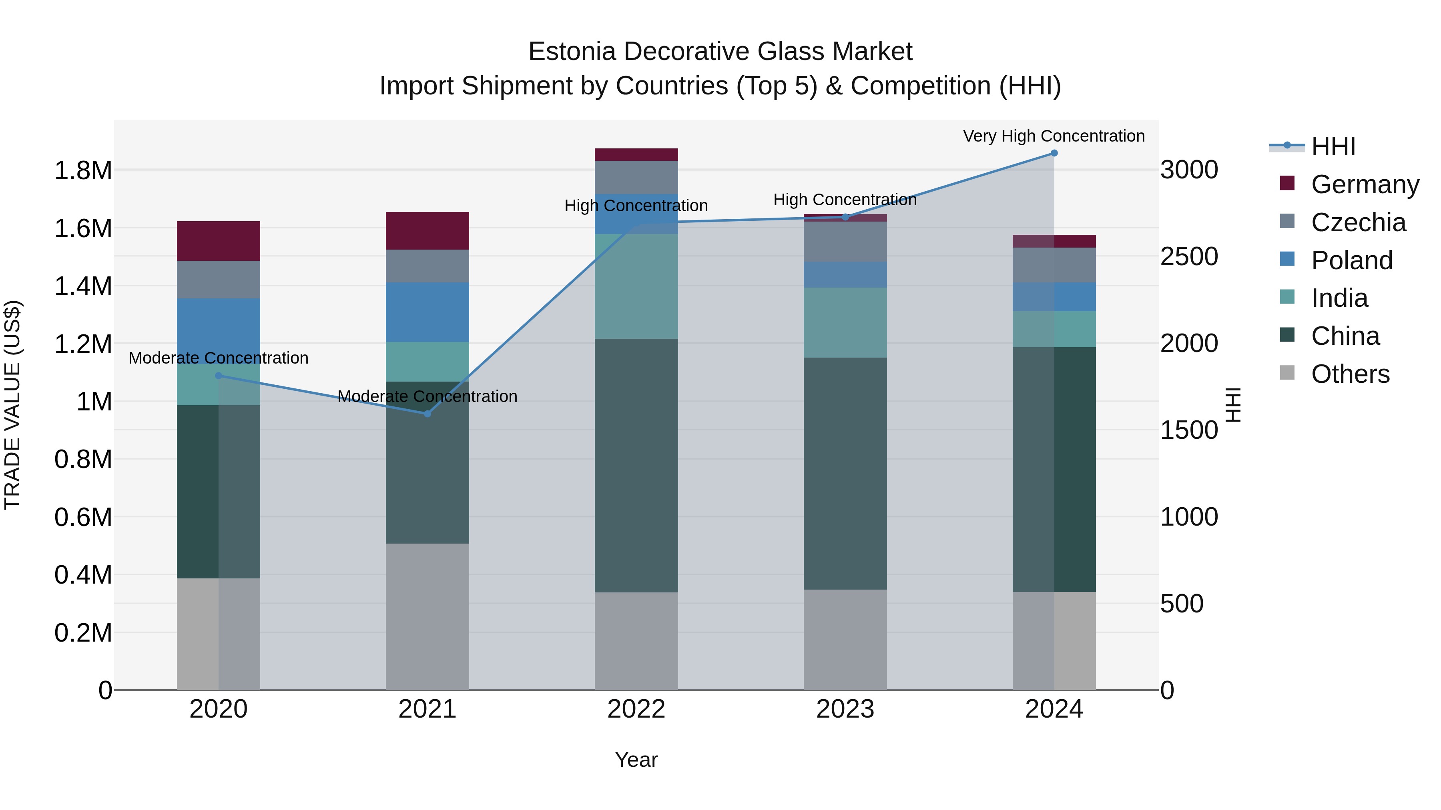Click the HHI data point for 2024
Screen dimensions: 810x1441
click(x=1054, y=153)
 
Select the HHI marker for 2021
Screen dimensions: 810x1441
click(x=427, y=414)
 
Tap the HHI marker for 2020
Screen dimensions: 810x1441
click(x=219, y=376)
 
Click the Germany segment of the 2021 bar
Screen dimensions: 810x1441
click(x=427, y=231)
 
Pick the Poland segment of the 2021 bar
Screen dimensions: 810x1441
click(x=427, y=312)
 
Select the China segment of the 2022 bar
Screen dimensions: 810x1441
click(x=636, y=465)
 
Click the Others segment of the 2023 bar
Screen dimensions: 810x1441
click(x=845, y=640)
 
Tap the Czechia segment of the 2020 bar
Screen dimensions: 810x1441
click(x=219, y=280)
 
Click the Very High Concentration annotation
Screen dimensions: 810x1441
click(x=1054, y=136)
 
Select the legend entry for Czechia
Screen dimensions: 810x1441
click(x=1358, y=222)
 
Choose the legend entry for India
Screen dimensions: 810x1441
click(x=1339, y=298)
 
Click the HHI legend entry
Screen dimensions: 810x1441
click(x=1333, y=146)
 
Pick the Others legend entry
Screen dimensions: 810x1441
click(x=1350, y=374)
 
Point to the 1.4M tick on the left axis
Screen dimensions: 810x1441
click(x=83, y=286)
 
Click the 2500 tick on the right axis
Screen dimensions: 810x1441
click(x=1189, y=256)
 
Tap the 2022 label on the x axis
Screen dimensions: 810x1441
click(x=636, y=709)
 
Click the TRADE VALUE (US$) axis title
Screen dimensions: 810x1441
click(x=12, y=405)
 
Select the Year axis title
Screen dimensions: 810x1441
click(x=636, y=760)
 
